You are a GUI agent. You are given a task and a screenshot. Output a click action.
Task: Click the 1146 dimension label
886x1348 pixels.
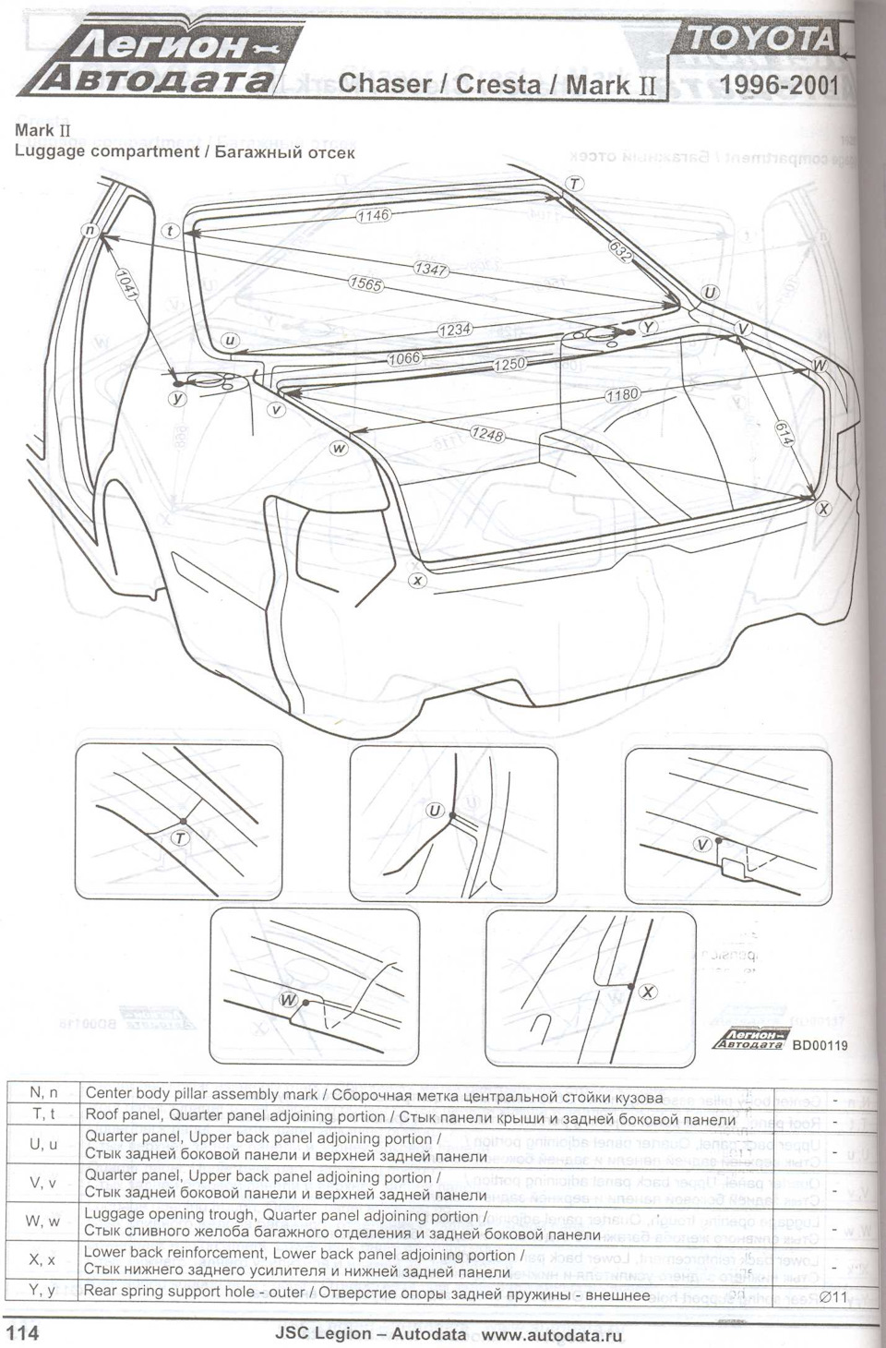(x=374, y=215)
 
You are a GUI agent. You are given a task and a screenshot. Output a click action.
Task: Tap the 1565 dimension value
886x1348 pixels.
(x=366, y=285)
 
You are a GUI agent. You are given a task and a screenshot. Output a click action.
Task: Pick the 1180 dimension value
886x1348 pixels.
(x=623, y=395)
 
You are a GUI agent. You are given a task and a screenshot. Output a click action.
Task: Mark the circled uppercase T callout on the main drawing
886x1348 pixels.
(x=574, y=183)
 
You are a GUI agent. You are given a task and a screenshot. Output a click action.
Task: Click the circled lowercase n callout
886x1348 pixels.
(x=90, y=230)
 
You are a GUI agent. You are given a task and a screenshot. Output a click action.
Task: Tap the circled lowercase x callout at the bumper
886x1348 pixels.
(x=417, y=580)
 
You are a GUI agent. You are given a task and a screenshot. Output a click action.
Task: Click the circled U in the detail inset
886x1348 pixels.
(x=436, y=811)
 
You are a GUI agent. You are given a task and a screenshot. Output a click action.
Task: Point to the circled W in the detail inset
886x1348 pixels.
(x=289, y=1001)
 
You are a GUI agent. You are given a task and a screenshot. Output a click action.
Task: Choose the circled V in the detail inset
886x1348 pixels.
(x=703, y=844)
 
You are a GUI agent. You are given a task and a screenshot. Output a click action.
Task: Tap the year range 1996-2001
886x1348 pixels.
(x=777, y=85)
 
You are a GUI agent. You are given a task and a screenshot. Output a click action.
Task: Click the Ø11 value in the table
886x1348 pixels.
(x=834, y=1296)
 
